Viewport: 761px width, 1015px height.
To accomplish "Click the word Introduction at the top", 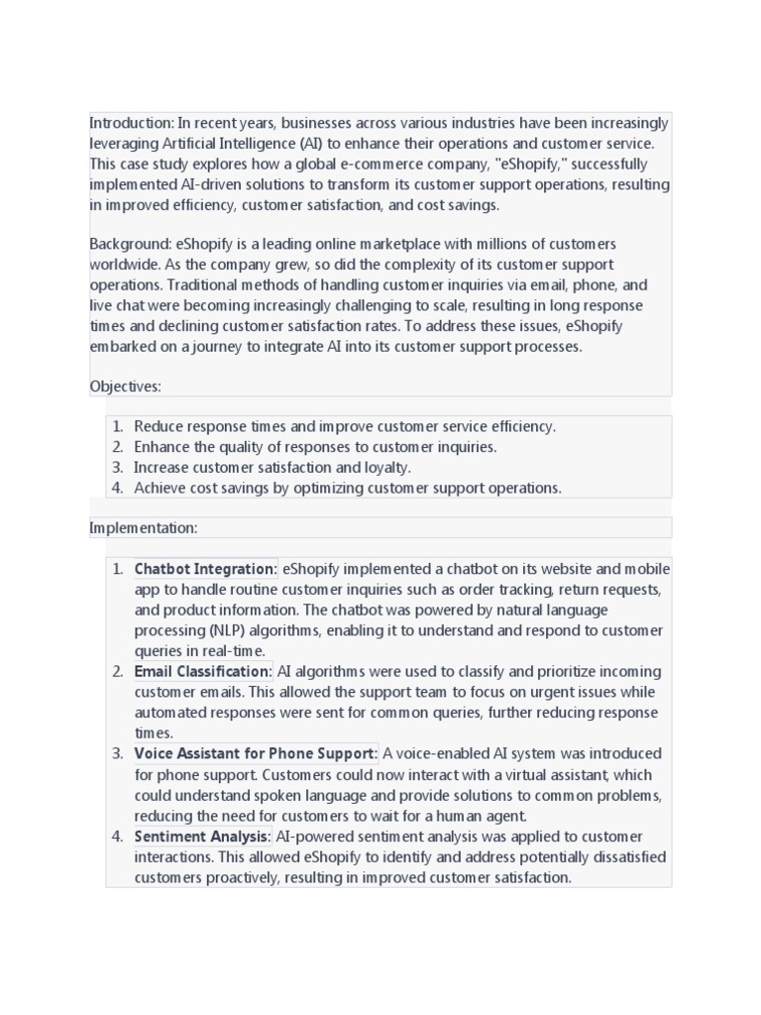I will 131,123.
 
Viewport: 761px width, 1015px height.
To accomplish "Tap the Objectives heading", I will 125,386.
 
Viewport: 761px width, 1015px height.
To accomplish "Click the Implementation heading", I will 144,527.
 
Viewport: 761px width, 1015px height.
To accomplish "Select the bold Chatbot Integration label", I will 205,569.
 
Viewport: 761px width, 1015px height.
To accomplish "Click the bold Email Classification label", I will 202,671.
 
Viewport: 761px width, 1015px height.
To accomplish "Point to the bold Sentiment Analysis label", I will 201,836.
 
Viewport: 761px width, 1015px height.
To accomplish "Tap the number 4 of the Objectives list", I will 117,488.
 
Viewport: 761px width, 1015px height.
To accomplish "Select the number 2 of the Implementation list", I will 117,671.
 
